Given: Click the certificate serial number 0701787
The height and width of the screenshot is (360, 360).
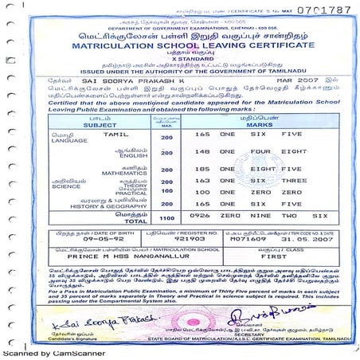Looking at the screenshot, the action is coord(323,10).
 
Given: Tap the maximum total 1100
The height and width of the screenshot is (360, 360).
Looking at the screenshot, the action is coord(166,216).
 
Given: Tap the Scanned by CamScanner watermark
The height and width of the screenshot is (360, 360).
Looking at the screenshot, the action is coord(40,353).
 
